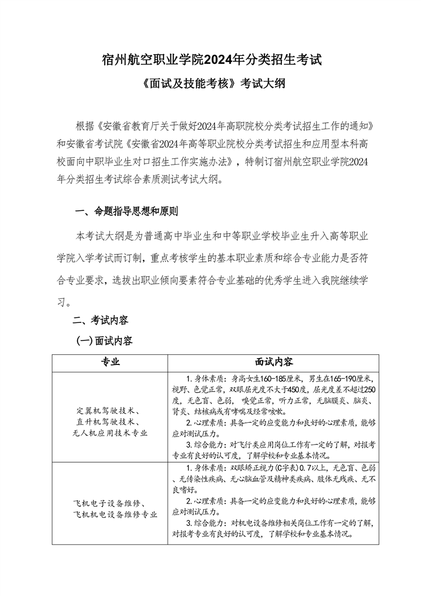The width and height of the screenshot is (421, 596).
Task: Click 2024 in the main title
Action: (x=222, y=59)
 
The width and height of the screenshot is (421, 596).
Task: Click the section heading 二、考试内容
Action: (x=100, y=320)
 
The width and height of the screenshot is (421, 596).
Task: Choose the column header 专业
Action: (x=110, y=362)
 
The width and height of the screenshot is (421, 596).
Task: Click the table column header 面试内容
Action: (x=273, y=362)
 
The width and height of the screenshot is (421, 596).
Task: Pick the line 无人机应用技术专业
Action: (x=110, y=433)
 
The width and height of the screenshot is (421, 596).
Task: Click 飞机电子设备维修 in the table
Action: (x=108, y=503)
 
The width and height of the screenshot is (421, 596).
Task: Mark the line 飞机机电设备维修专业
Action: (x=115, y=514)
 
